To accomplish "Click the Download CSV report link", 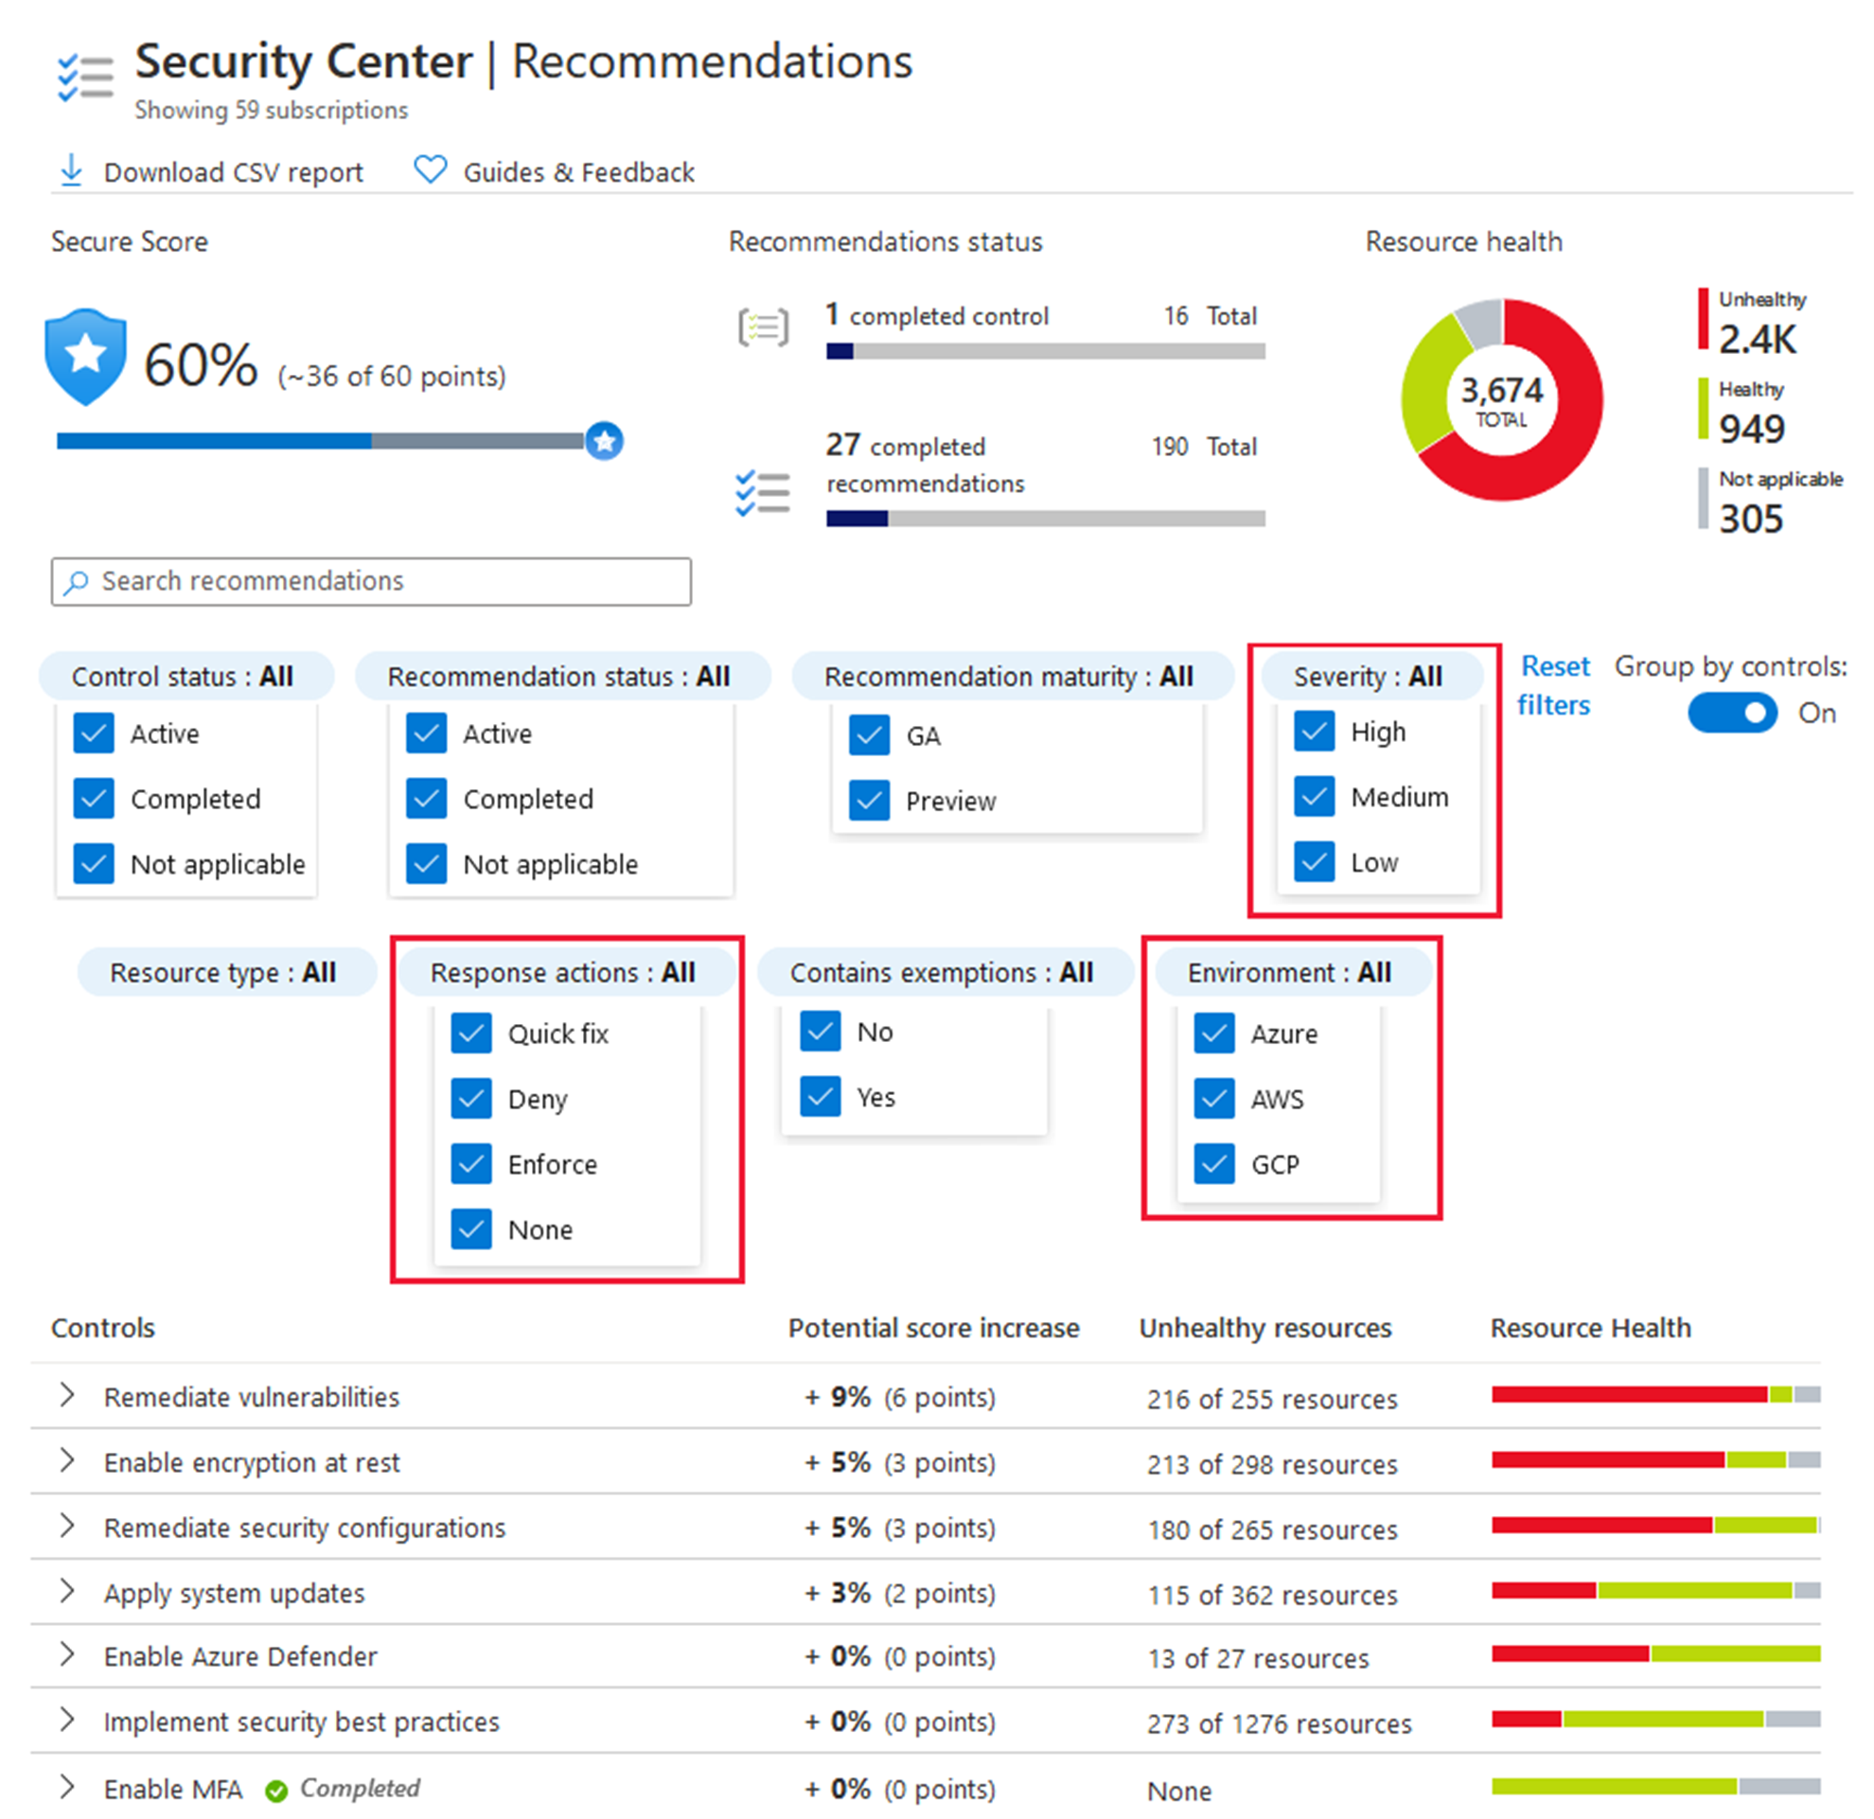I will (232, 172).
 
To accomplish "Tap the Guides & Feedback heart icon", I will (431, 169).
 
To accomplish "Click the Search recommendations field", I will (371, 581).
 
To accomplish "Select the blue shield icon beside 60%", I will (86, 357).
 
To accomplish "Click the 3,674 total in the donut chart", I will (1501, 398).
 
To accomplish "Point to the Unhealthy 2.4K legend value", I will (1758, 339).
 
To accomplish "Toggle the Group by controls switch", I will (1732, 712).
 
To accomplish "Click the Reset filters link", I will (1554, 685).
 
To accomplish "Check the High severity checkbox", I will (1315, 732).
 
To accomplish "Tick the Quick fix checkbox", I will (471, 1033).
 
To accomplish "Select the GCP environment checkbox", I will (1214, 1164).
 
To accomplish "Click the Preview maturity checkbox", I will (869, 800).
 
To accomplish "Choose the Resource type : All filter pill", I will (223, 972).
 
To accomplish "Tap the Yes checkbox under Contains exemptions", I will (821, 1096).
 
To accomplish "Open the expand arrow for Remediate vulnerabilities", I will (67, 1395).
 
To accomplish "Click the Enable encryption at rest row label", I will (252, 1462).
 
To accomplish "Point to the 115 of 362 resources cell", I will (1272, 1595).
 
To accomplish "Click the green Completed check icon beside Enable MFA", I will (276, 1791).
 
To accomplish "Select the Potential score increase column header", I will (933, 1328).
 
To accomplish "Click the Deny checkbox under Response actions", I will (471, 1098).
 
